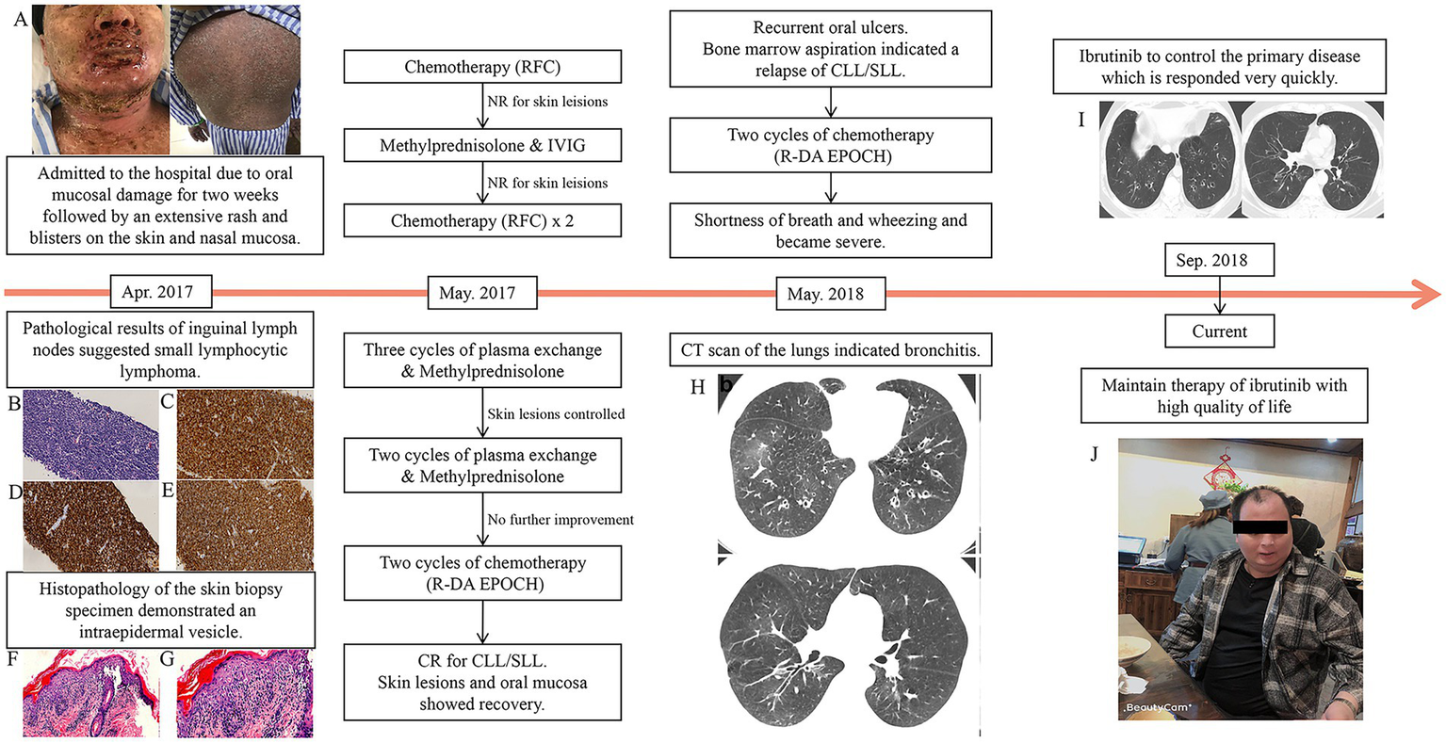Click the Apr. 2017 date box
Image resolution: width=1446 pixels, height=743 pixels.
[157, 292]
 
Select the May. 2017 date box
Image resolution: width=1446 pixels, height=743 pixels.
[477, 293]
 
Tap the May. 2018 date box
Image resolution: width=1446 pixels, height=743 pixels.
[825, 294]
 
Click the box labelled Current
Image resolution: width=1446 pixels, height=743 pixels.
[1220, 331]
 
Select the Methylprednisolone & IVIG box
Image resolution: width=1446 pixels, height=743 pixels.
[482, 146]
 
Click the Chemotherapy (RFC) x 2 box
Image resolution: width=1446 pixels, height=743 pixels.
[482, 222]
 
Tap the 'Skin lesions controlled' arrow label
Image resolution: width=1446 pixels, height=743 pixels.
[556, 414]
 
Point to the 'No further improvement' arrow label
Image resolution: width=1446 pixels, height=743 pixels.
[561, 520]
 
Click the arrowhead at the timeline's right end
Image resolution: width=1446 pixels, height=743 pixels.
[1427, 293]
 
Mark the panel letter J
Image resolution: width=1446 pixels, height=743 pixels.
[1094, 454]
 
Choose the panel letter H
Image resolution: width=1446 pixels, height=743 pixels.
[697, 387]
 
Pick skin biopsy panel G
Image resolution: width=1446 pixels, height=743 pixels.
[245, 695]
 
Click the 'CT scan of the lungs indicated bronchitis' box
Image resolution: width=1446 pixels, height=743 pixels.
[830, 351]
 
